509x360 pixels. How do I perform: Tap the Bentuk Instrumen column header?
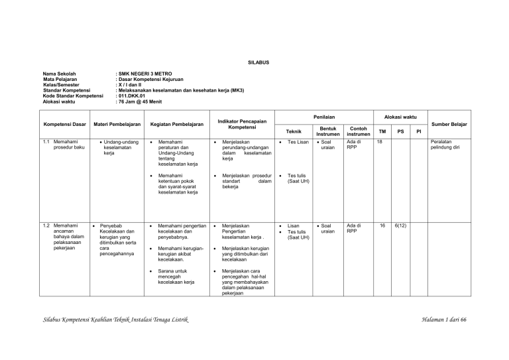pyautogui.click(x=328, y=131)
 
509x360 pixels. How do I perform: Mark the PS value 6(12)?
pyautogui.click(x=400, y=225)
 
